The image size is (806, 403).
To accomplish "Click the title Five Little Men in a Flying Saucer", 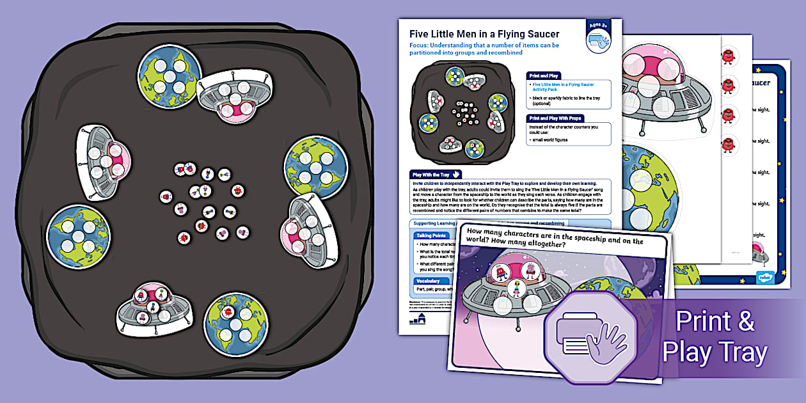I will point(484,34).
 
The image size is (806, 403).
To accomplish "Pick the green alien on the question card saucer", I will point(516,290).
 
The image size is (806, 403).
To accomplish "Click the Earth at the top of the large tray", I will point(169,77).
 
